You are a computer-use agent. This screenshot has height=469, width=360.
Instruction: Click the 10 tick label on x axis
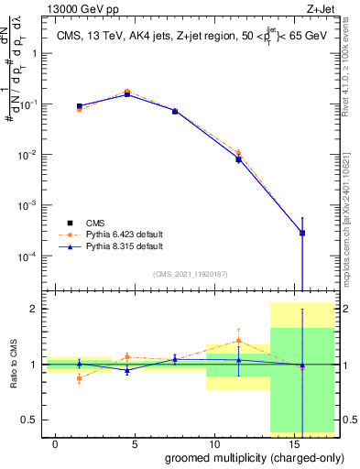213,443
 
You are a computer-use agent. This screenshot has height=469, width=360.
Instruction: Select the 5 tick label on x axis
135,443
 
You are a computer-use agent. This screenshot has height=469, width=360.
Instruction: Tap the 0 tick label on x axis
56,443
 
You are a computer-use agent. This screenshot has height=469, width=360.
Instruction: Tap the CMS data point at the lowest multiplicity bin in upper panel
80,106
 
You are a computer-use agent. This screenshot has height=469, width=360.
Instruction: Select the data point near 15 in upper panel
302,233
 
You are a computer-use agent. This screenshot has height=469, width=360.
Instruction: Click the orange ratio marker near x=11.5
239,341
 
